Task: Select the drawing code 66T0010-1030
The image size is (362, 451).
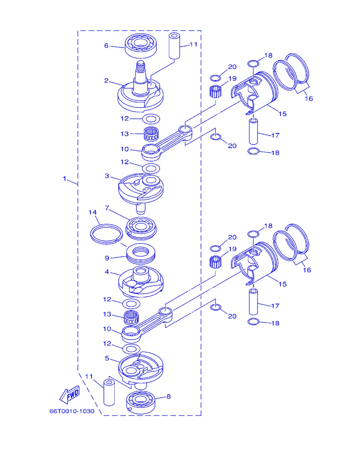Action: coord(72,411)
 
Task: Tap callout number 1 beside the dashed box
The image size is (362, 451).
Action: coord(64,178)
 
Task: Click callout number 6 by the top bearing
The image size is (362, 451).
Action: coord(106,46)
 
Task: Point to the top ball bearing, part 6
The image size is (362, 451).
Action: coord(141,46)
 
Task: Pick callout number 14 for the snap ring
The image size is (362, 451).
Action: coord(93,212)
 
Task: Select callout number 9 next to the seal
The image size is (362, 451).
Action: coord(107,258)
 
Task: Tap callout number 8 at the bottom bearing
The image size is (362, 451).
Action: coord(168,396)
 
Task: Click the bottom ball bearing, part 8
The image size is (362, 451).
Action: coord(141,402)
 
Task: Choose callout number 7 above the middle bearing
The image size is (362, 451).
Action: coord(107,208)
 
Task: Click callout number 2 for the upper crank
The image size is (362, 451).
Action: coord(106,80)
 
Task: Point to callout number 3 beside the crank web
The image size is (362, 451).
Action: coord(107,176)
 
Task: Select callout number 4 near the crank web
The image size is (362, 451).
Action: coord(107,272)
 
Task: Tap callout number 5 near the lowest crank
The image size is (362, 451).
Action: coord(107,358)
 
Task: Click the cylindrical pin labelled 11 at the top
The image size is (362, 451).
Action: coord(174,46)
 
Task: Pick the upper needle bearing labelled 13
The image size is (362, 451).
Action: coord(151,134)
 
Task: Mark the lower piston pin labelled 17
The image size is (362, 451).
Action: coord(253,302)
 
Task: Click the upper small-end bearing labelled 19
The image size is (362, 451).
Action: coord(215,91)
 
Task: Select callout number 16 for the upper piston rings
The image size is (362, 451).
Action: coord(309,99)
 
